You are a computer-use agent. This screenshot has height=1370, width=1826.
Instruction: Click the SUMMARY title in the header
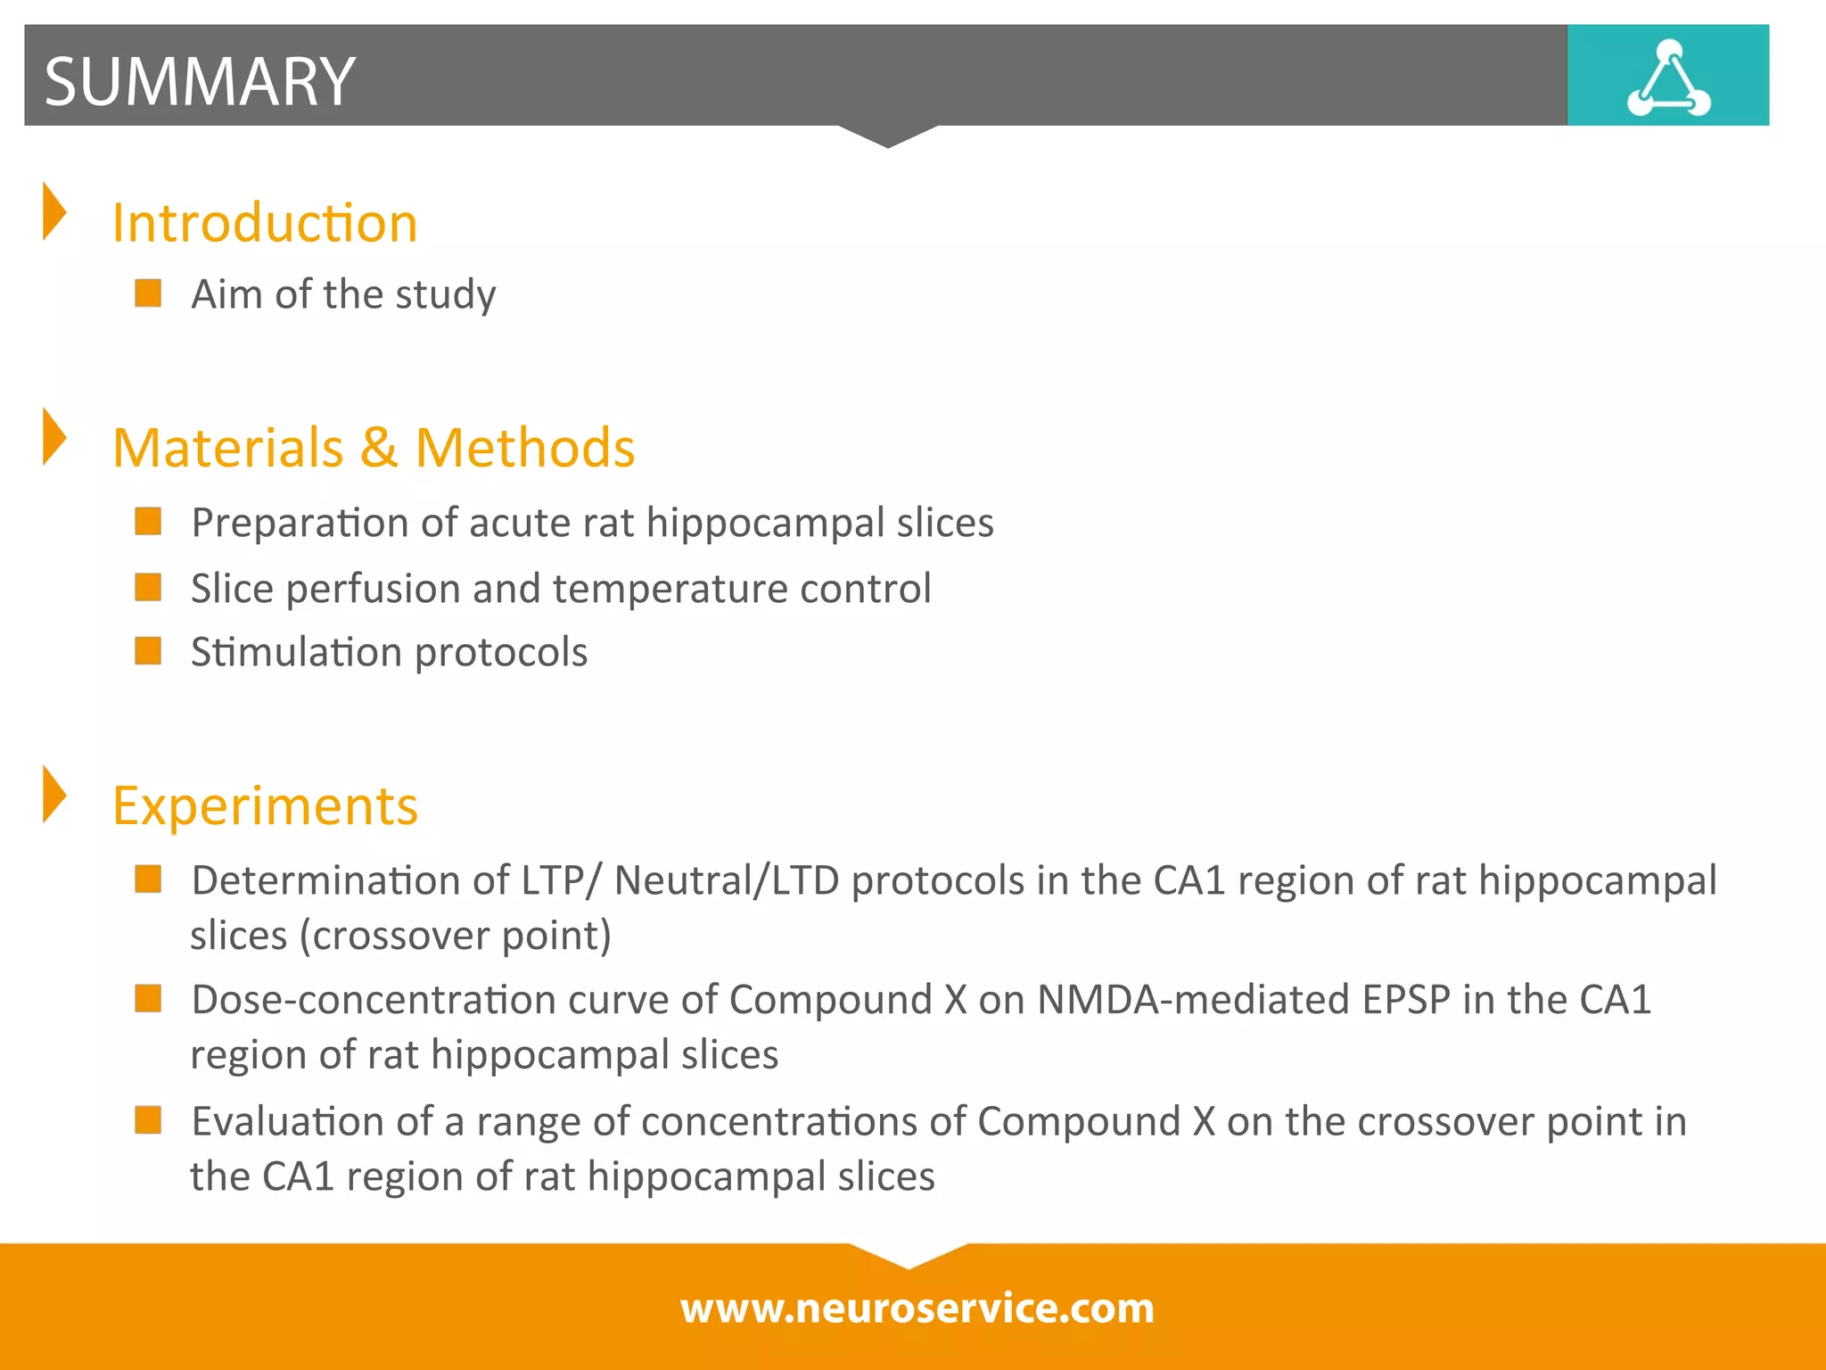200,81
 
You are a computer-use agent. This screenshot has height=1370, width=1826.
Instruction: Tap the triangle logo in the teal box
1668,78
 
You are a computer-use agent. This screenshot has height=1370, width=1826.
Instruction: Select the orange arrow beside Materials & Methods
54,437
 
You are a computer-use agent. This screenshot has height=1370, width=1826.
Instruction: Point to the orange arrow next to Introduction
54,211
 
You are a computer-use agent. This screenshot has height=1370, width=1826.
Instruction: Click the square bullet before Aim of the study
148,293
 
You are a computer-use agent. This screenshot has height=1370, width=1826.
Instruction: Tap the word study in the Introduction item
446,294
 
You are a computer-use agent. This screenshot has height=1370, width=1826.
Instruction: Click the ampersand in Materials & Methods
379,447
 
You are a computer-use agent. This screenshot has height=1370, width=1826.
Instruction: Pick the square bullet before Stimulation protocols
148,651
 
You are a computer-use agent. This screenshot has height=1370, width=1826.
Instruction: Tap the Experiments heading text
265,805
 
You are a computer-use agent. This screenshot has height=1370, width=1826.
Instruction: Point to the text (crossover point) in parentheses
455,936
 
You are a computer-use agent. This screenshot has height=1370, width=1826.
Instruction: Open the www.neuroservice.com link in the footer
917,1308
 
